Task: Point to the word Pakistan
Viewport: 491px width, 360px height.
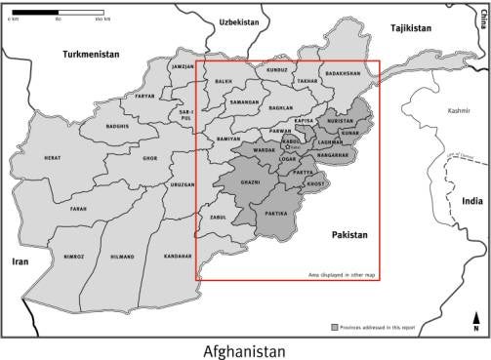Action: point(348,235)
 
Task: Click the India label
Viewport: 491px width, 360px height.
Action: point(471,201)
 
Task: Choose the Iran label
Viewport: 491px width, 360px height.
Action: point(20,261)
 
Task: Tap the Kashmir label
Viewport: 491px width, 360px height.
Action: point(459,112)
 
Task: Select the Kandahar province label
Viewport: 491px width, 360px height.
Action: point(178,256)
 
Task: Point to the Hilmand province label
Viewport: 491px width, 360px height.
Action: point(122,257)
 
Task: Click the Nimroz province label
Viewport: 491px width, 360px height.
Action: point(73,257)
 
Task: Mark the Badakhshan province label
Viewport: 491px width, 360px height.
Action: point(344,74)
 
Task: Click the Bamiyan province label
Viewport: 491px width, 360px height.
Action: point(227,139)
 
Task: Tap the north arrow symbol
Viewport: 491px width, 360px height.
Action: point(475,322)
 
